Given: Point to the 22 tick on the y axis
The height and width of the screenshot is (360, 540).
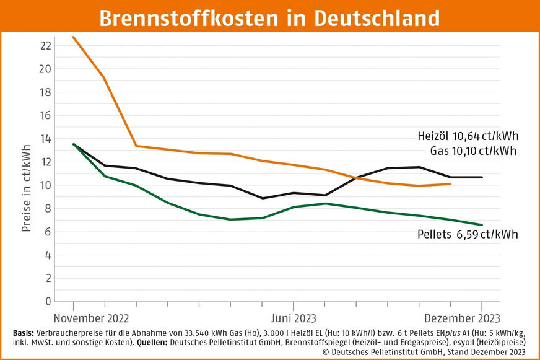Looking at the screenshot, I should [x=44, y=45].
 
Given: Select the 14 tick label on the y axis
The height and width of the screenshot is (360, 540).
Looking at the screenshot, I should [x=44, y=138].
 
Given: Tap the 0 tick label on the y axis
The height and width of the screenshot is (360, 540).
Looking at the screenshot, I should [x=47, y=302].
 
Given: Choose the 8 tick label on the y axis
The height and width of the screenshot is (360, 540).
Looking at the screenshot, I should [x=47, y=208].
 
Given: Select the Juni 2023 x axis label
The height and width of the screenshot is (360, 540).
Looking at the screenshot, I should [x=294, y=318].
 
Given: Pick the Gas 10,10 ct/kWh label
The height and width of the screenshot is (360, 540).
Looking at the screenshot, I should [x=473, y=151].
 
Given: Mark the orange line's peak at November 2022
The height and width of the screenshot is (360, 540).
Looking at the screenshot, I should [x=74, y=37].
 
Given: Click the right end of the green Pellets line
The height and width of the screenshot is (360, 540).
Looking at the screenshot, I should [x=482, y=225].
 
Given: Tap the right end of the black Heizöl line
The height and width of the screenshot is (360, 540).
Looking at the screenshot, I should [x=482, y=177].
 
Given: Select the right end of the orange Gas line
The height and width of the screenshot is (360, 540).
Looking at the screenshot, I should [x=450, y=184].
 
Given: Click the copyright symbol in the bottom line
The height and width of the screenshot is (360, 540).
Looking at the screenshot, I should [x=326, y=351].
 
